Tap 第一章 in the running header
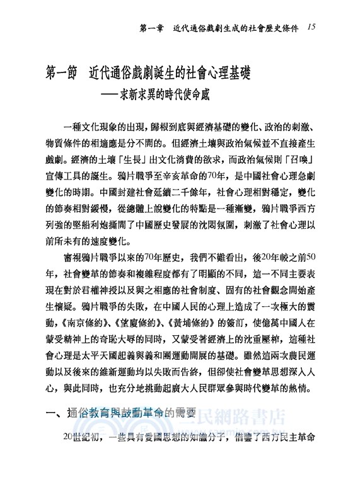coord(153,28)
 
